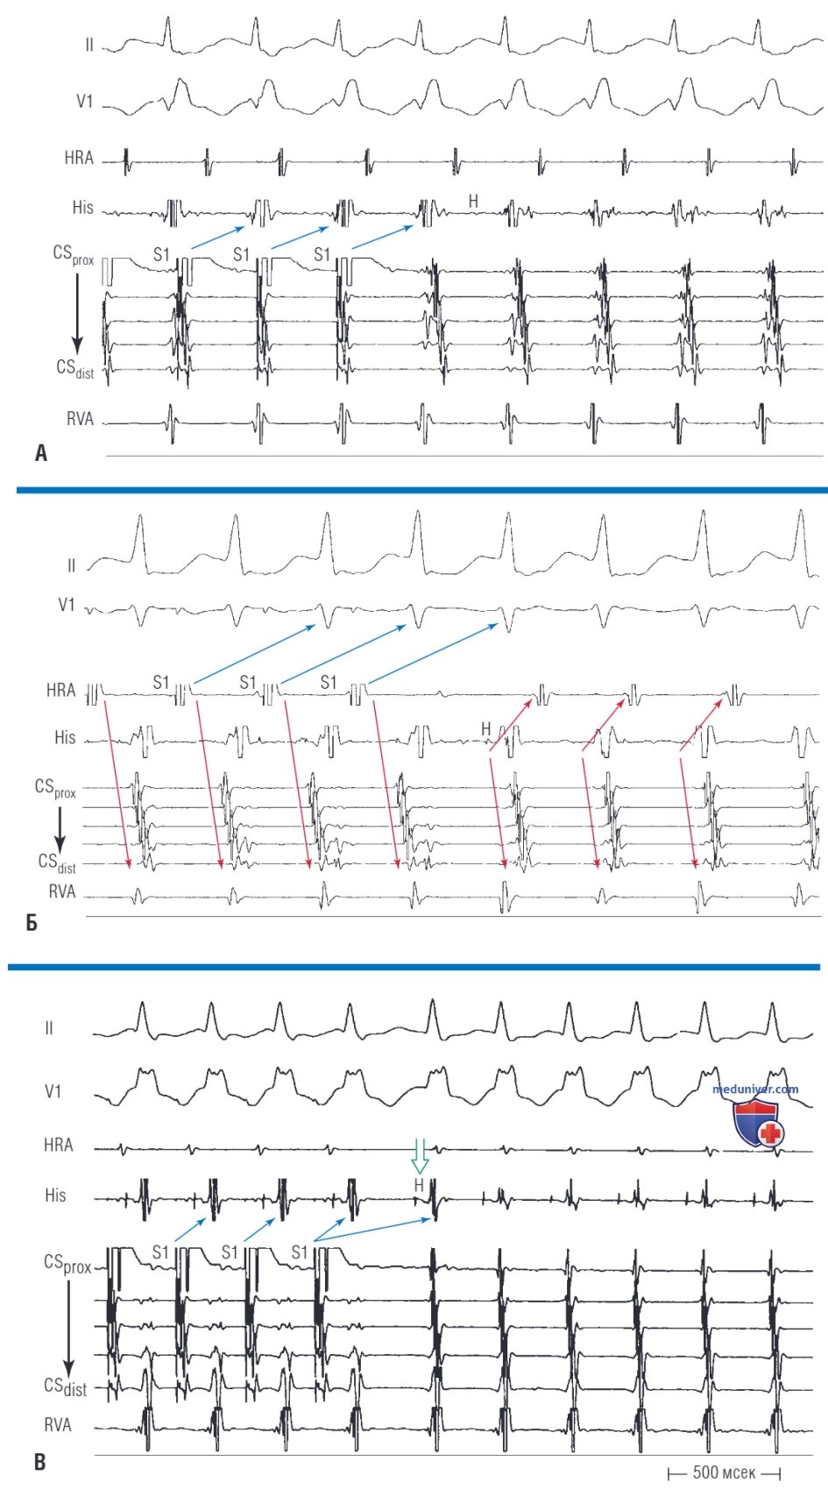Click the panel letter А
pyautogui.click(x=40, y=454)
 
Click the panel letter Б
pyautogui.click(x=32, y=923)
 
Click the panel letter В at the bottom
pyautogui.click(x=40, y=1463)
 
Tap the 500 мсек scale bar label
pyautogui.click(x=725, y=1472)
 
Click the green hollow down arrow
pyautogui.click(x=419, y=1158)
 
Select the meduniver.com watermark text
pyautogui.click(x=755, y=1089)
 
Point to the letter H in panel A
pyautogui.click(x=473, y=201)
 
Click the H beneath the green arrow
pyautogui.click(x=418, y=1185)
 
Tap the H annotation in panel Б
pyautogui.click(x=486, y=729)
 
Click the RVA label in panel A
pyautogui.click(x=80, y=419)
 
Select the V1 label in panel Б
pyautogui.click(x=66, y=605)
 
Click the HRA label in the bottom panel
pyautogui.click(x=59, y=1145)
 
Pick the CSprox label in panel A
pyautogui.click(x=73, y=255)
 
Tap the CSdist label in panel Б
pyautogui.click(x=57, y=862)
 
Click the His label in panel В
pyautogui.click(x=55, y=1196)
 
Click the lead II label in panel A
pyautogui.click(x=89, y=46)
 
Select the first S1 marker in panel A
pyautogui.click(x=161, y=254)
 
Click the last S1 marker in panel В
pyautogui.click(x=300, y=1252)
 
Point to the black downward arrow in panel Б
pyautogui.click(x=60, y=829)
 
